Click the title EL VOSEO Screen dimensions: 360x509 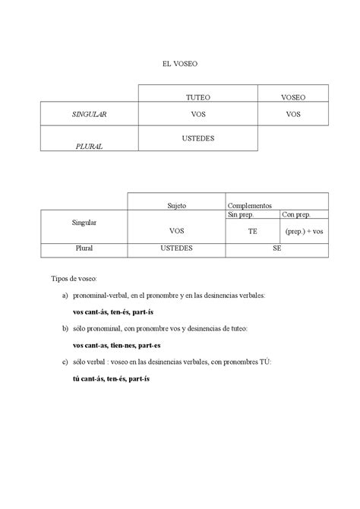pyautogui.click(x=179, y=65)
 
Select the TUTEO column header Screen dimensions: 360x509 pyautogui.click(x=197, y=97)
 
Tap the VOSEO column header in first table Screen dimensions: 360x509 pyautogui.click(x=293, y=97)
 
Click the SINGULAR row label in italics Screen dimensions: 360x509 pyautogui.click(x=89, y=114)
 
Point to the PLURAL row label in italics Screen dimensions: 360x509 pyautogui.click(x=89, y=144)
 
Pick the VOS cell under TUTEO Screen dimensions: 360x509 pyautogui.click(x=197, y=114)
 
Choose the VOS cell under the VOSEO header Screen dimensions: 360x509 pyautogui.click(x=293, y=114)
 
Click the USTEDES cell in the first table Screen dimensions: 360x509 pyautogui.click(x=197, y=138)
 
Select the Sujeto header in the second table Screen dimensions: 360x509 pyautogui.click(x=176, y=206)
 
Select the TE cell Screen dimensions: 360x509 pyautogui.click(x=252, y=231)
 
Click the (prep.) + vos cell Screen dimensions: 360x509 pyautogui.click(x=305, y=231)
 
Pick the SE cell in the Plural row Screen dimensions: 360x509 pyautogui.click(x=277, y=248)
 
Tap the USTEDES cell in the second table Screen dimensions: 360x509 pyautogui.click(x=176, y=248)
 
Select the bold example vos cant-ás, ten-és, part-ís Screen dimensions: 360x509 pyautogui.click(x=112, y=311)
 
